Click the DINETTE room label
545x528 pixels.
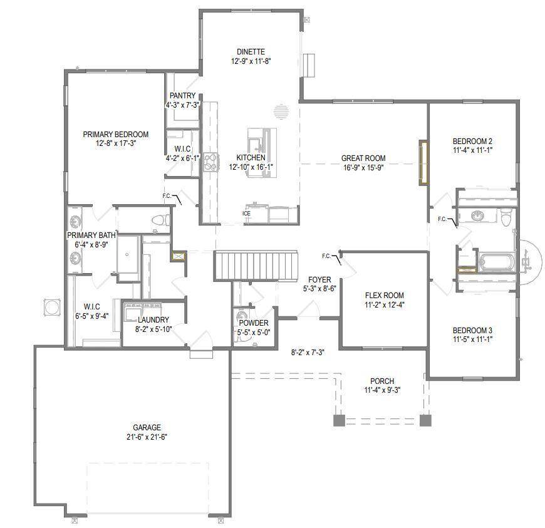click(x=251, y=52)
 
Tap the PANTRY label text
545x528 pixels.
click(x=182, y=96)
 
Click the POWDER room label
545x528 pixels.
click(x=254, y=324)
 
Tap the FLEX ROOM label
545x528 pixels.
click(x=385, y=296)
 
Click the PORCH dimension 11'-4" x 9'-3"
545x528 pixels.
click(x=382, y=390)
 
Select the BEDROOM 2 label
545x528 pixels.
click(x=473, y=141)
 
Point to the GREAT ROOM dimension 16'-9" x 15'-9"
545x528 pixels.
click(x=363, y=167)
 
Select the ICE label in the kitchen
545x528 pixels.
click(x=247, y=214)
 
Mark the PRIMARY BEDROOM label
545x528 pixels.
click(x=116, y=135)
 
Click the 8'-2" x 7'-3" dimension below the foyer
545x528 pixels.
click(x=307, y=353)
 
